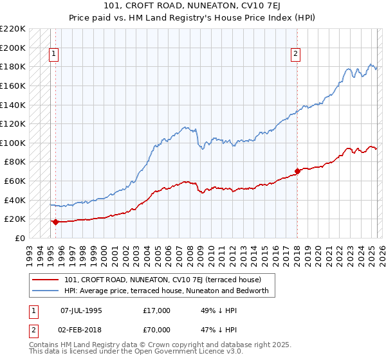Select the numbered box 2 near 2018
click(x=295, y=55)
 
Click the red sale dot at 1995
click(x=55, y=222)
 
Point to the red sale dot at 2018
click(x=297, y=172)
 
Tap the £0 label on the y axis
click(x=20, y=238)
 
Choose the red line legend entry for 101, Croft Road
click(x=162, y=280)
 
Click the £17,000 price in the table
click(x=157, y=310)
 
